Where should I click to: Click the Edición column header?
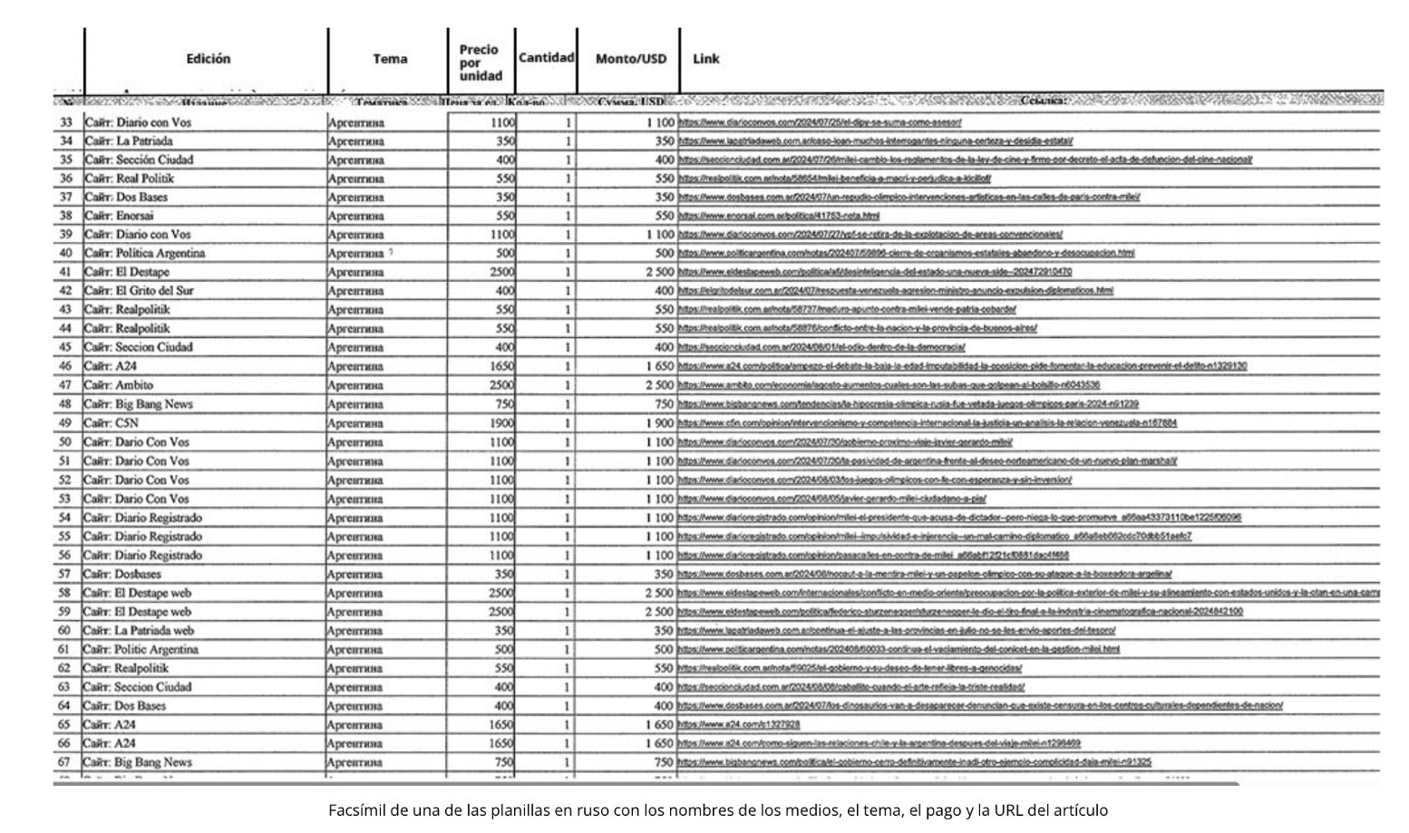click(208, 59)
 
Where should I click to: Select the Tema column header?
click(390, 59)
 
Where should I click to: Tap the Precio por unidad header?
click(480, 63)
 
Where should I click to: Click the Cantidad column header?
click(546, 57)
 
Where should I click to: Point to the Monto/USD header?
click(630, 59)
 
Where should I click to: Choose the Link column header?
click(705, 59)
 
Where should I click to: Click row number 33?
click(65, 122)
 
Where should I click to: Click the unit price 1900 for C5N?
click(501, 423)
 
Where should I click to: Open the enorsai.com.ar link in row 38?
click(779, 216)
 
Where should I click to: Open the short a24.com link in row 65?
click(739, 724)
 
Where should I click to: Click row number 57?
click(64, 574)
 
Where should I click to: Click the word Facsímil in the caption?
click(355, 810)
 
